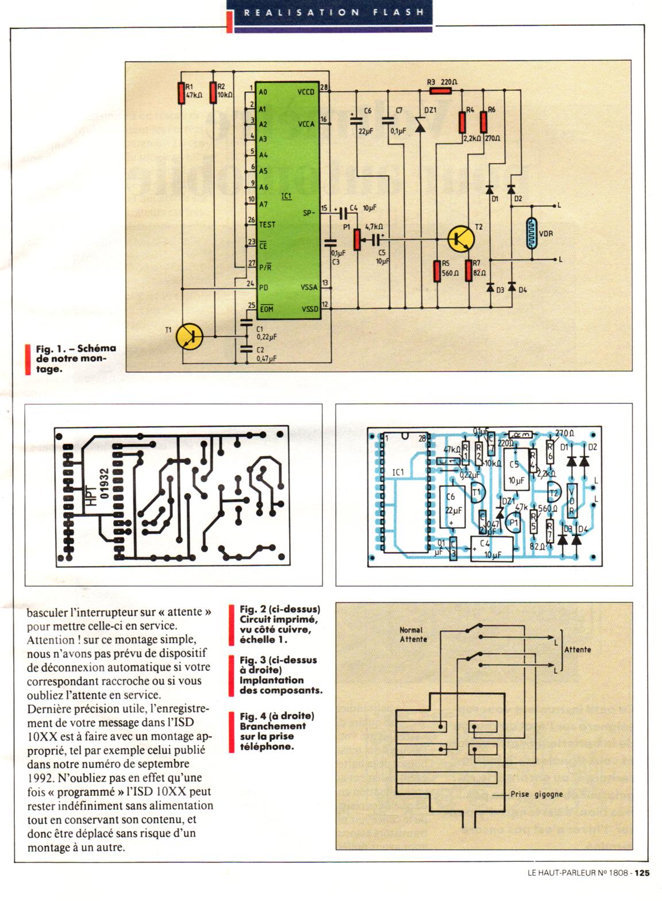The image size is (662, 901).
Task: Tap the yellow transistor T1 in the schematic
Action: [189, 336]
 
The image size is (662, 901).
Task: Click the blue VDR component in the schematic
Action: [531, 233]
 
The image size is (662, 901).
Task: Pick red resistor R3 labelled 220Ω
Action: [441, 91]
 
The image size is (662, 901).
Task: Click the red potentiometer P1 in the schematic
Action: [357, 239]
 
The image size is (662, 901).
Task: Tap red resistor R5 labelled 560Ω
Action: [437, 271]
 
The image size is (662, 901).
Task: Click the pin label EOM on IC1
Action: [266, 309]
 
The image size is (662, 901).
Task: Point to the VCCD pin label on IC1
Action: [306, 92]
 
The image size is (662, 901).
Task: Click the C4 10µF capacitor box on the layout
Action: [491, 548]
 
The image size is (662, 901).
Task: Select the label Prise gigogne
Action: [536, 795]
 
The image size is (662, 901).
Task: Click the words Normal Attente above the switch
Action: [413, 634]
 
